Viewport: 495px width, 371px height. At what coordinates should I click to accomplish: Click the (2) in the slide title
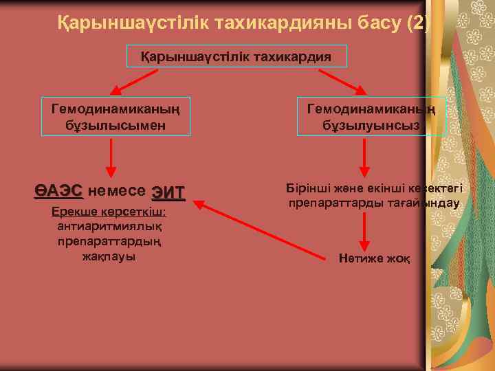pos(417,25)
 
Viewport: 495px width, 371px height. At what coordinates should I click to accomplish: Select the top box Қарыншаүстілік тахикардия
pos(237,56)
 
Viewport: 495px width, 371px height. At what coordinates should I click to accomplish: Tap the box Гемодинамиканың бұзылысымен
pos(115,116)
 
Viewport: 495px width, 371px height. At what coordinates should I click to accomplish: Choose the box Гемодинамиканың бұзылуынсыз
pos(371,116)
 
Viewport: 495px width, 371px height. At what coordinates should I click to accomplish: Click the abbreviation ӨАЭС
pos(58,190)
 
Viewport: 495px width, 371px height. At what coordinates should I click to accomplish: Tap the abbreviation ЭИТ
pos(168,191)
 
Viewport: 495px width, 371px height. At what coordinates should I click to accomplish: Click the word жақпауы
pos(109,256)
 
